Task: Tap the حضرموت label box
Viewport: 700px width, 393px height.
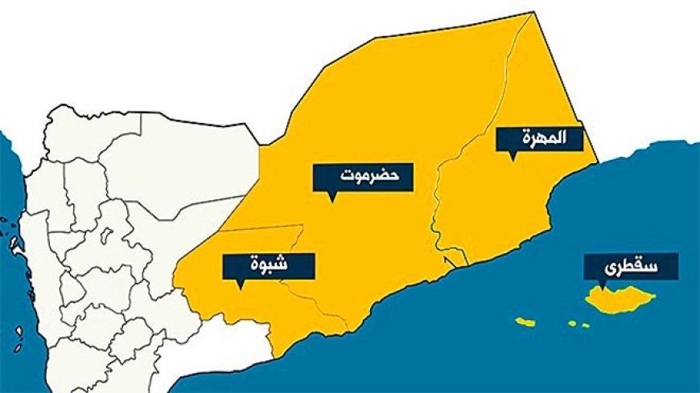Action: (x=363, y=177)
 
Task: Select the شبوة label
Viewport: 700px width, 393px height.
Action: (x=269, y=264)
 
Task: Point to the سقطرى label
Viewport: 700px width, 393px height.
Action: (x=630, y=265)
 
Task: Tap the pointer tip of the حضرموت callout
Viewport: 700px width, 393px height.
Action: (x=331, y=200)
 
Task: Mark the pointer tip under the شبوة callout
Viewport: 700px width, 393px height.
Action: (x=239, y=287)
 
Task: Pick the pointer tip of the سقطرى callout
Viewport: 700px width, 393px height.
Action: (x=600, y=287)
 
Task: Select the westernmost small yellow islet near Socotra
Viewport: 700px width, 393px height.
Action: (x=525, y=322)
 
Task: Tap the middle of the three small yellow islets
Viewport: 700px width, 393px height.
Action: (x=572, y=323)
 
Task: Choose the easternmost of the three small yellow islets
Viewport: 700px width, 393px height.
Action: (x=586, y=325)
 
